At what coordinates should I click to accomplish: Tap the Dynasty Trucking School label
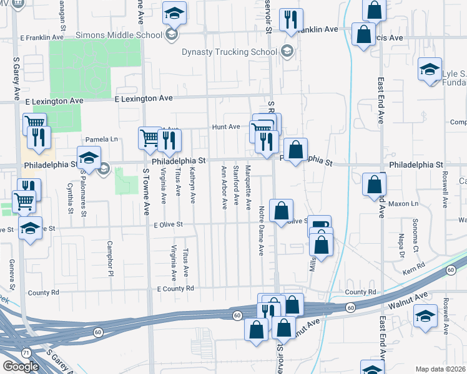click(x=230, y=52)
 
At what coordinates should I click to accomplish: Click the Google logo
click(x=21, y=367)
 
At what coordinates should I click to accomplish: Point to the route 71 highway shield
click(x=26, y=353)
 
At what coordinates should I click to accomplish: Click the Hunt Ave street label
click(x=225, y=127)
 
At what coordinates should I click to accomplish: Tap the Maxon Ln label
click(x=402, y=204)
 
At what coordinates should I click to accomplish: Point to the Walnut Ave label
click(x=409, y=302)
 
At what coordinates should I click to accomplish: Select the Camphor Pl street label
click(x=111, y=258)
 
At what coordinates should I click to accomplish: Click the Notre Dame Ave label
click(x=262, y=231)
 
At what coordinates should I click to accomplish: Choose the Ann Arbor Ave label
click(x=224, y=187)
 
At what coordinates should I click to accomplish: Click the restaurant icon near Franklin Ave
click(x=291, y=21)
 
